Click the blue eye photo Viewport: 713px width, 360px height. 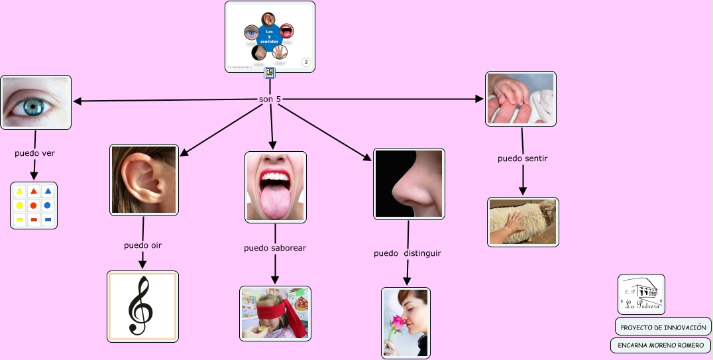pyautogui.click(x=36, y=102)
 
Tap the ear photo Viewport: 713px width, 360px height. pyautogui.click(x=144, y=180)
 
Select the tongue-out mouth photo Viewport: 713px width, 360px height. pyautogui.click(x=276, y=186)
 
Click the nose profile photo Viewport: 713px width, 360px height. pyautogui.click(x=409, y=184)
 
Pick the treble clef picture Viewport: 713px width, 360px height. pyautogui.click(x=142, y=306)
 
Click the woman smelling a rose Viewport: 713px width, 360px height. pyautogui.click(x=406, y=323)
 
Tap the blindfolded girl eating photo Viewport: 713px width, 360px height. pyautogui.click(x=275, y=314)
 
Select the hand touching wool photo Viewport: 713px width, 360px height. pyautogui.click(x=523, y=222)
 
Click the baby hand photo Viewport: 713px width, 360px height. pyautogui.click(x=521, y=99)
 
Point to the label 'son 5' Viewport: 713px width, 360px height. pyautogui.click(x=270, y=99)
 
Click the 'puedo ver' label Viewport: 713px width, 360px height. pyautogui.click(x=34, y=153)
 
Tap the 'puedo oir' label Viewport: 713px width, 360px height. pyautogui.click(x=142, y=245)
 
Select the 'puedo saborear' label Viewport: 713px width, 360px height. pyautogui.click(x=275, y=248)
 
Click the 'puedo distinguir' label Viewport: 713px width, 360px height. pyautogui.click(x=408, y=253)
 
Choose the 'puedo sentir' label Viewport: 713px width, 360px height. pyautogui.click(x=522, y=158)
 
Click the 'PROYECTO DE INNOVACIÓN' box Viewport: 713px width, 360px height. pyautogui.click(x=663, y=327)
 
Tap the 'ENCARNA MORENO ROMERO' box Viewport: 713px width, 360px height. pyautogui.click(x=660, y=345)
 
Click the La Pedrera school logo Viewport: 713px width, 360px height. pyautogui.click(x=641, y=294)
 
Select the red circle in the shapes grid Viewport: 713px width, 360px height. pyautogui.click(x=34, y=206)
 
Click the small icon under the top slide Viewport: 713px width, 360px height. pyautogui.click(x=270, y=74)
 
